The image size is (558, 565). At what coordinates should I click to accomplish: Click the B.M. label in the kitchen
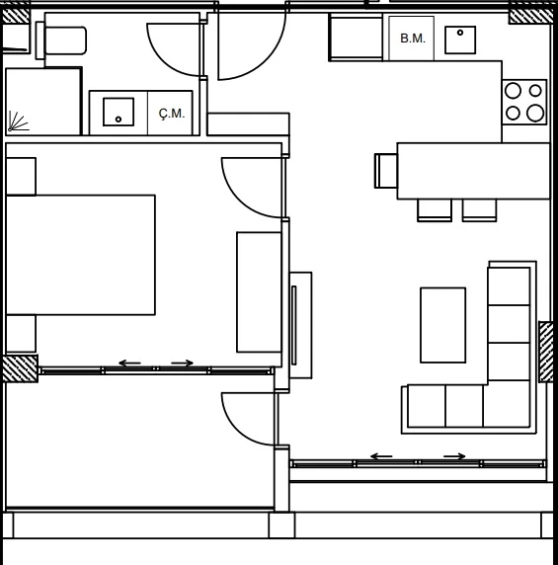413,39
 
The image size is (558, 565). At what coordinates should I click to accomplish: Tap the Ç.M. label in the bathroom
172,114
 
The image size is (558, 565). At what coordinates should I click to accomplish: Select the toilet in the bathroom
61,40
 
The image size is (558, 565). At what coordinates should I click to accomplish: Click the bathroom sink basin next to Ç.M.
119,112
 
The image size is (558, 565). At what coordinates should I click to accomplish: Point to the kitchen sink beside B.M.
460,40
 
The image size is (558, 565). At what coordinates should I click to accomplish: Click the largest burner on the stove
535,113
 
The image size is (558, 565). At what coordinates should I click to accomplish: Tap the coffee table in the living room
442,325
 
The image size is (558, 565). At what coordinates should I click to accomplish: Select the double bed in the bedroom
81,255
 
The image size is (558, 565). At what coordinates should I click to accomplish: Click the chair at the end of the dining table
386,171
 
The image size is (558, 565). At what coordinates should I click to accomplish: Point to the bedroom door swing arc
238,199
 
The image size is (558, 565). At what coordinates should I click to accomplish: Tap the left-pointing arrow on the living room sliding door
381,456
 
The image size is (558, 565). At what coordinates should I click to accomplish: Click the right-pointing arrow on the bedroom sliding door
183,363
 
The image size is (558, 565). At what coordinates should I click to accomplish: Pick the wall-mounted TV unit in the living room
300,325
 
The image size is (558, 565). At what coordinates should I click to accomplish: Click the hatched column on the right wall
546,352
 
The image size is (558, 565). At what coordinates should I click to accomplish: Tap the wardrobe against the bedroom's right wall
259,291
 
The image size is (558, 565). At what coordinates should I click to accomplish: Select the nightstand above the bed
21,176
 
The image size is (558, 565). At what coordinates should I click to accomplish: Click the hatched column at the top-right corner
530,16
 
